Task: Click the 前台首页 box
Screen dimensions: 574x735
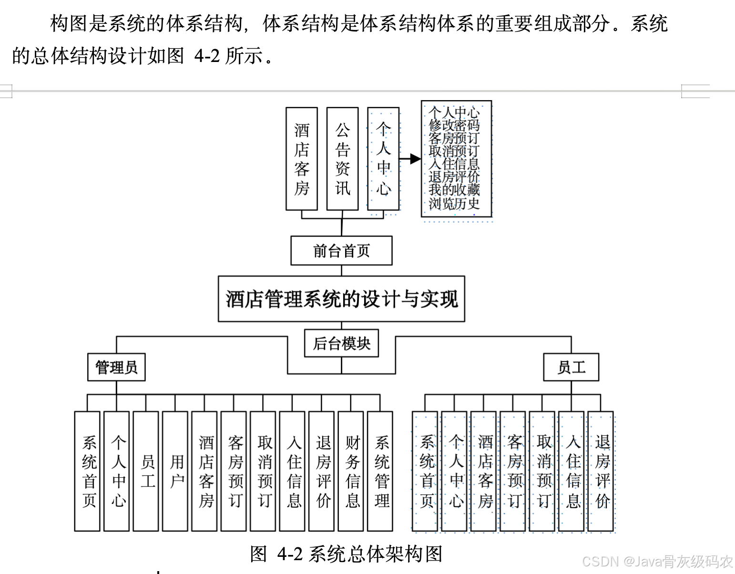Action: tap(341, 251)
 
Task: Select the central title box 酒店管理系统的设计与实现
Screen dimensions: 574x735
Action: tap(341, 299)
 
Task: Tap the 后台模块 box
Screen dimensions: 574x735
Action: tap(341, 343)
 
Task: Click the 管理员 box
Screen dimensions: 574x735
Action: tap(116, 367)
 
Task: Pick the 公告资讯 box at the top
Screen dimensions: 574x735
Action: tap(342, 159)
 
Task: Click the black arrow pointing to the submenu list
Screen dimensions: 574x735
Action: tap(411, 159)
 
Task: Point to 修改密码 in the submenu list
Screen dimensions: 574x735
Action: tap(454, 125)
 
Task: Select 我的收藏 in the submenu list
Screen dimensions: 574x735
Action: tap(454, 190)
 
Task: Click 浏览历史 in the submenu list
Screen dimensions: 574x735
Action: tap(454, 204)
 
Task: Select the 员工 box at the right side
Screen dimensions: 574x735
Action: tap(571, 367)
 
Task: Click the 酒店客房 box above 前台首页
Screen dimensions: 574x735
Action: tap(302, 159)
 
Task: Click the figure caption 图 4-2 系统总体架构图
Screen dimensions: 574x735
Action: tap(346, 554)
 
